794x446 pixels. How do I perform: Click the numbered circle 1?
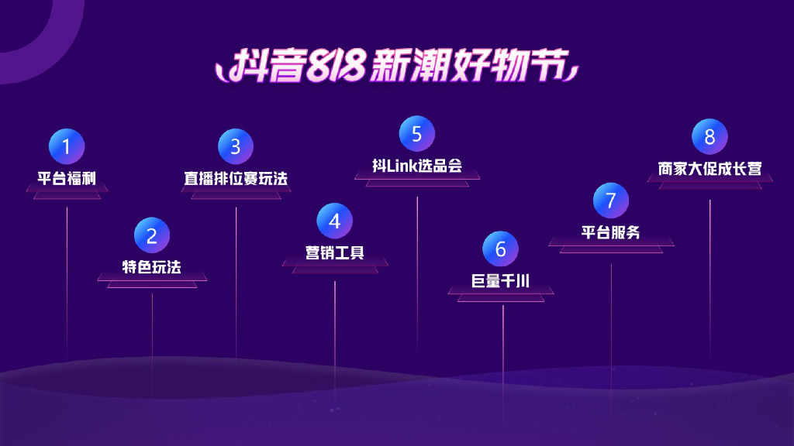tap(67, 146)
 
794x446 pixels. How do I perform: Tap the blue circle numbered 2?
tap(152, 235)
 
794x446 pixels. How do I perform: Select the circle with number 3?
tap(236, 146)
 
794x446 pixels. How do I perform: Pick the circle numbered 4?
tap(334, 221)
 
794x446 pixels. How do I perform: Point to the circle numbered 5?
tap(417, 134)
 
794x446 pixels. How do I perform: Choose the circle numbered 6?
tap(501, 249)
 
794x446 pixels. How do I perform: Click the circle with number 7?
tap(611, 201)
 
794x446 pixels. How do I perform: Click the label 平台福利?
tap(67, 178)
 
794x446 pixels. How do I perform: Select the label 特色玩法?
tap(152, 267)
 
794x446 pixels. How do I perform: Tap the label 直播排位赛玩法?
tap(236, 178)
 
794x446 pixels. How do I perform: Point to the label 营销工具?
tap(334, 252)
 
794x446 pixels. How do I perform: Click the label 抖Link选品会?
tap(417, 166)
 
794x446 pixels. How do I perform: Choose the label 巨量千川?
tap(501, 280)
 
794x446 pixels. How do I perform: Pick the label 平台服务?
tap(611, 232)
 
